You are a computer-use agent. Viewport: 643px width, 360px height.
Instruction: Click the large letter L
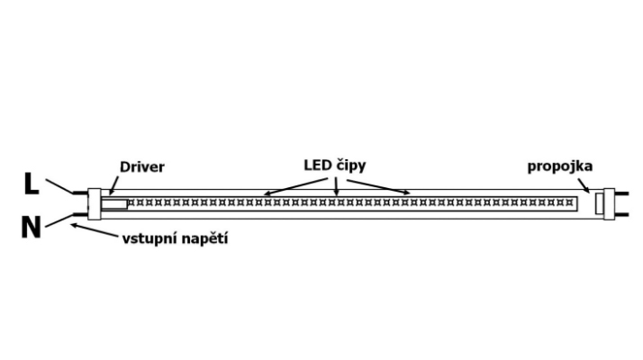[32, 184]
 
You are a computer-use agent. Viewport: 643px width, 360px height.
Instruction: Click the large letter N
[32, 227]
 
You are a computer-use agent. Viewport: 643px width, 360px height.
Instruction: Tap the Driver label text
[142, 166]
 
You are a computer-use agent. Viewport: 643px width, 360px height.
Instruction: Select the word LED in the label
[318, 166]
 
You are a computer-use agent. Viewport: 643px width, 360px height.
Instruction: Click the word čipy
[351, 166]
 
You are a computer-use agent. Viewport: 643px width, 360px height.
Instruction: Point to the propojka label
[560, 166]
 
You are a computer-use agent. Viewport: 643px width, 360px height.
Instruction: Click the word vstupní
[149, 238]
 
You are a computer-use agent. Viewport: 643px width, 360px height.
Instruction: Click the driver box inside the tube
[114, 203]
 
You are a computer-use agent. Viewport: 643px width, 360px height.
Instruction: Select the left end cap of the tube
[95, 203]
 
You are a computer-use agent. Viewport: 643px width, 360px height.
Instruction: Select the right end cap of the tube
[610, 203]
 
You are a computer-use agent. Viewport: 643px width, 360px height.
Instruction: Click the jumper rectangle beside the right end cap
[600, 203]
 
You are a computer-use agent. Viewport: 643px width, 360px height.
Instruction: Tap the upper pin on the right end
[622, 193]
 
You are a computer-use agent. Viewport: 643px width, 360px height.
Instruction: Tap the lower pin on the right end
[622, 214]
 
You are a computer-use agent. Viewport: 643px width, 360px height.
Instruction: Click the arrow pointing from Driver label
[113, 185]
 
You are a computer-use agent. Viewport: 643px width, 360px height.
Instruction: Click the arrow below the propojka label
[584, 185]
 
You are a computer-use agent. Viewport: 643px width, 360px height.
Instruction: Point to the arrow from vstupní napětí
[95, 229]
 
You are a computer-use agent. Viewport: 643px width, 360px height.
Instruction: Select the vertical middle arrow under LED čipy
[336, 187]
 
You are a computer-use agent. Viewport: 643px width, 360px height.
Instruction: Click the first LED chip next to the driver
[131, 202]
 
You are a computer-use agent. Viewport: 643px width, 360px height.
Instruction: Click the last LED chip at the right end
[569, 202]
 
